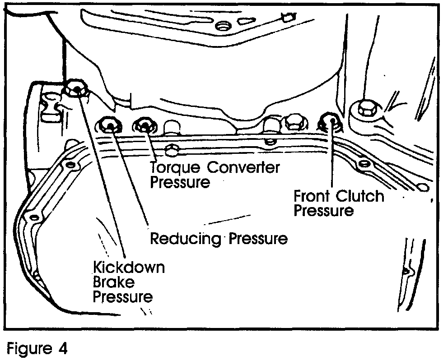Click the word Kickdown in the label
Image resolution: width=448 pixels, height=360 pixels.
click(128, 267)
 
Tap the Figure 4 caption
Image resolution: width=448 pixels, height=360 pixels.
click(38, 348)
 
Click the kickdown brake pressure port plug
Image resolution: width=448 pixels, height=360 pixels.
click(75, 89)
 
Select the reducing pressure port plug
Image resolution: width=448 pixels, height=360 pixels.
click(108, 124)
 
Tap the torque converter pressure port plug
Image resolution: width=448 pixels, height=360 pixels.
click(144, 125)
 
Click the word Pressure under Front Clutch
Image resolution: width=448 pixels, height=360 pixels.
click(324, 211)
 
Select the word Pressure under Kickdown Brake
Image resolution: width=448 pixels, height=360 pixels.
click(122, 297)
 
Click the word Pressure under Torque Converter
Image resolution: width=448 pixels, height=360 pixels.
click(180, 183)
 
